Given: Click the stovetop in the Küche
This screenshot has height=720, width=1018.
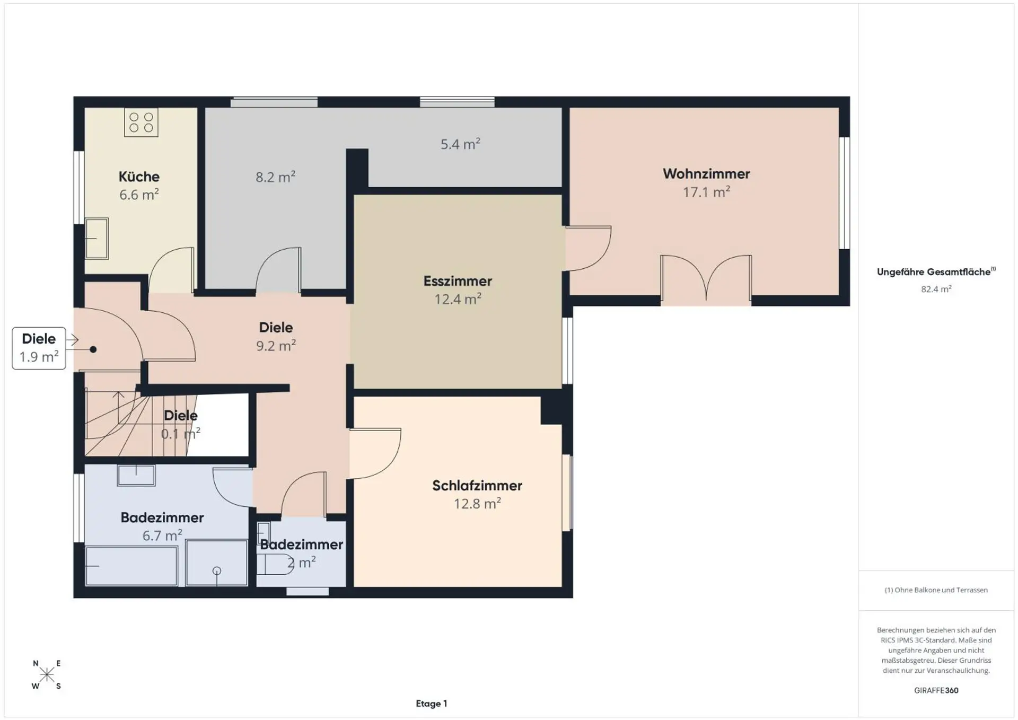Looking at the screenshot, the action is pos(141,122).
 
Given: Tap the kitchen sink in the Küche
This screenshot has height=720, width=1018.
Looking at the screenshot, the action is pos(96,239).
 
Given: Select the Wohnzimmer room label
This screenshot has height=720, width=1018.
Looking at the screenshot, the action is pos(706,174).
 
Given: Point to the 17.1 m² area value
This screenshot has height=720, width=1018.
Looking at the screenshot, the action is pos(706,192).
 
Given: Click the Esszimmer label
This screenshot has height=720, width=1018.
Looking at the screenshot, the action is pos(458,281).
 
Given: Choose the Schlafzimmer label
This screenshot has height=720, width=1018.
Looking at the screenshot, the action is pos(477,486).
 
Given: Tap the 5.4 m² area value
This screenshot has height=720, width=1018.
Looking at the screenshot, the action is pos(460,144).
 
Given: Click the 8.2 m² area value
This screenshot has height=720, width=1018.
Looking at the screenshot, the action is pos(275,177).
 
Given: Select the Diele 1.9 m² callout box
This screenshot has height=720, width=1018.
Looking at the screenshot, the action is pos(39,348).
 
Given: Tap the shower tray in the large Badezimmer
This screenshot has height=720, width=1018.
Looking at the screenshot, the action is pos(217,563).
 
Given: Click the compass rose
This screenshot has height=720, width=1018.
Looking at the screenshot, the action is pos(47,674).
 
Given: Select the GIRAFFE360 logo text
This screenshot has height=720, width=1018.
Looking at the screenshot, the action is pos(936,690).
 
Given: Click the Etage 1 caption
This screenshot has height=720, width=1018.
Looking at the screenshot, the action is pos(432,704).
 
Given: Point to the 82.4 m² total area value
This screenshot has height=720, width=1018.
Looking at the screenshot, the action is pos(936,289).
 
